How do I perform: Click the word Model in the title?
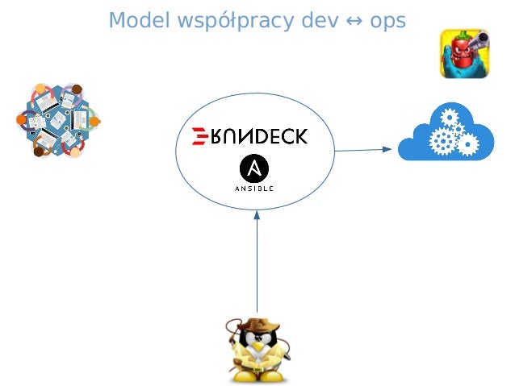(x=133, y=19)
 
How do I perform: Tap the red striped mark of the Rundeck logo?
(x=196, y=136)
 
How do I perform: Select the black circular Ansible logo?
(x=254, y=168)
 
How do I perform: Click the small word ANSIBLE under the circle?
(x=254, y=189)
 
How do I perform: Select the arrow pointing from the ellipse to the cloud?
(x=363, y=149)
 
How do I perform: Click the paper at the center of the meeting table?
(x=58, y=119)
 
